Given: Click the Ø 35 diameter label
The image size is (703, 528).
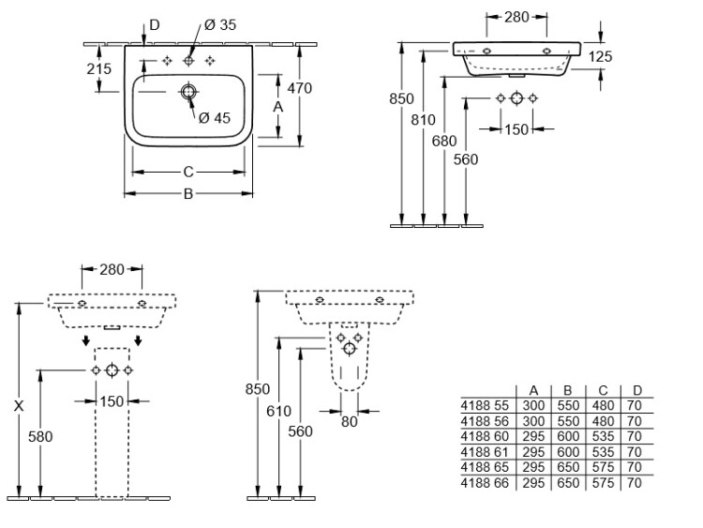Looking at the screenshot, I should [221, 25].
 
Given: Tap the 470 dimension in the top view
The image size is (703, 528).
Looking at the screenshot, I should [299, 88].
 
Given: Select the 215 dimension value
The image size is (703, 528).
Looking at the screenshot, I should [98, 68].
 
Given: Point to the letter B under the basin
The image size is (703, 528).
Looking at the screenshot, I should [187, 194].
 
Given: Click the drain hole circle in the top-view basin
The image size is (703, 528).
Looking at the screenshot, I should [188, 92].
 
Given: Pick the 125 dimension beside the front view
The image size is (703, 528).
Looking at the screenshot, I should [601, 57].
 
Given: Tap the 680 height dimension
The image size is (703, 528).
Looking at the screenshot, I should [444, 141].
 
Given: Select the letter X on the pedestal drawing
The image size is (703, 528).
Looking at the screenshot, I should [19, 406].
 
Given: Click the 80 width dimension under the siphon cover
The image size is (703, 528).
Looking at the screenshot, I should [349, 422].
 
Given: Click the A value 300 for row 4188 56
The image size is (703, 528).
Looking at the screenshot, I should [532, 421].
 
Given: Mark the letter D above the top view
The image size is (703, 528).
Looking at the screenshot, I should [156, 23].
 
